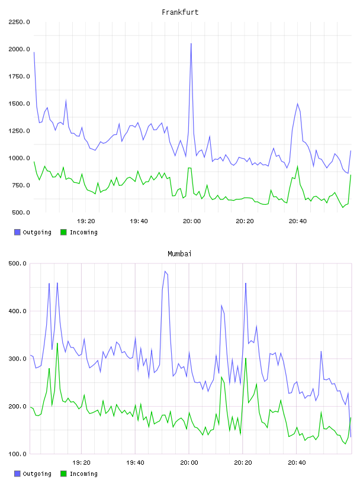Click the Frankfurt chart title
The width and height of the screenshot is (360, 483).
click(x=180, y=12)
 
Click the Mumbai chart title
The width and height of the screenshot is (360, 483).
click(x=179, y=254)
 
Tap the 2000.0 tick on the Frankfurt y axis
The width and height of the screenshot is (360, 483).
click(x=19, y=49)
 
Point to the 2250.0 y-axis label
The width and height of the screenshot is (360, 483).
click(x=19, y=22)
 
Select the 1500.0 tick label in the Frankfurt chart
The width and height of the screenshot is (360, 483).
click(x=19, y=104)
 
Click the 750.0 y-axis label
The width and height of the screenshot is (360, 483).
click(x=21, y=185)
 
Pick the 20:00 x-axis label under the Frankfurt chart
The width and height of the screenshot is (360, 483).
click(x=192, y=221)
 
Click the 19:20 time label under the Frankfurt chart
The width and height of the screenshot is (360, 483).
click(x=86, y=221)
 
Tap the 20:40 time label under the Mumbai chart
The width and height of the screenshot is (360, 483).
click(x=297, y=463)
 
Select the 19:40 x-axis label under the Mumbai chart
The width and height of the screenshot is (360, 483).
click(x=136, y=463)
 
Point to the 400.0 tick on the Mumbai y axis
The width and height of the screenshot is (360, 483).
click(x=17, y=311)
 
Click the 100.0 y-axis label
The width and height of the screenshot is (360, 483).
click(x=17, y=454)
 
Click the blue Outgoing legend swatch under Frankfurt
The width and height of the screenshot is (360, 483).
click(x=17, y=232)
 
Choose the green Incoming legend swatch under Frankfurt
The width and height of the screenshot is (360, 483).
click(x=63, y=232)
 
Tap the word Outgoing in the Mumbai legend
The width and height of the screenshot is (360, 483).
click(x=37, y=474)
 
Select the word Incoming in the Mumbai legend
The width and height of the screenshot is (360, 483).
click(x=83, y=474)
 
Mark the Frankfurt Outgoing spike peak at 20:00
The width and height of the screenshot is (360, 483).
click(x=191, y=43)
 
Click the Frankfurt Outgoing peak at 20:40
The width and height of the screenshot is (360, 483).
click(x=297, y=104)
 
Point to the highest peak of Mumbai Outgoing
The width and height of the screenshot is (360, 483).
click(x=165, y=271)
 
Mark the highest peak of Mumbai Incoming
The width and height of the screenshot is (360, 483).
click(x=57, y=343)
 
